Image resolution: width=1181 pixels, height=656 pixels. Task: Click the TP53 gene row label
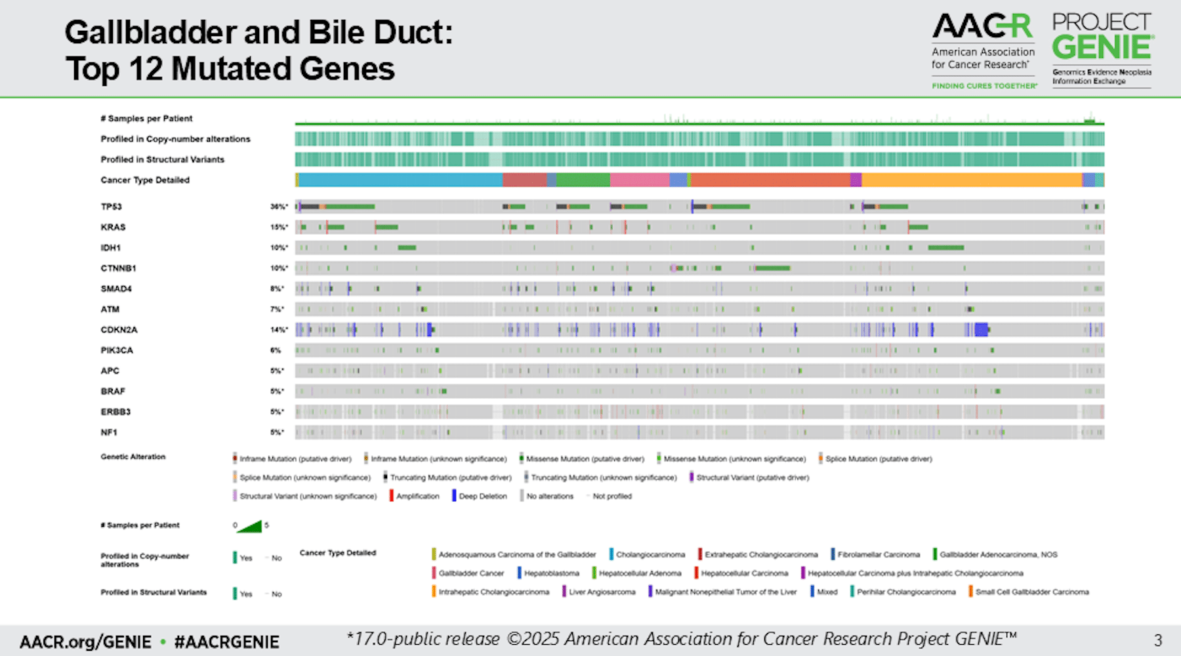click(x=112, y=207)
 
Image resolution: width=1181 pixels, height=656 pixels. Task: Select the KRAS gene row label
click(x=113, y=227)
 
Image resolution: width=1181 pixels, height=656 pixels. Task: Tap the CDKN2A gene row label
click(x=119, y=330)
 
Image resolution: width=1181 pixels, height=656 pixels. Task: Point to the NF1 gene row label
click(x=109, y=432)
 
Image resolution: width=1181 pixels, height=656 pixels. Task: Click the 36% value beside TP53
click(x=279, y=207)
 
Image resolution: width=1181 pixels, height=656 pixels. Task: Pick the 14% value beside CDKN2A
click(x=279, y=330)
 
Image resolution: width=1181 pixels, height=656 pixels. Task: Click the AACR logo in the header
click(x=983, y=50)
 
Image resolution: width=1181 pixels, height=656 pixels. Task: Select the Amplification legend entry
click(x=417, y=497)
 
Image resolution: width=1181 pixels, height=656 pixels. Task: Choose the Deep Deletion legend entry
click(x=482, y=497)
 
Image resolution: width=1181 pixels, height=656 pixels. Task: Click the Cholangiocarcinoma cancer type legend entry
click(x=650, y=555)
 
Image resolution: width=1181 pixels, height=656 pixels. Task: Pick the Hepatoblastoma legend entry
click(x=551, y=573)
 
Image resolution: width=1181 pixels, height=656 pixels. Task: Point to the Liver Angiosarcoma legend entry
click(x=602, y=592)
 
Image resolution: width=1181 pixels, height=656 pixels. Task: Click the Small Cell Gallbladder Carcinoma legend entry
click(x=1031, y=592)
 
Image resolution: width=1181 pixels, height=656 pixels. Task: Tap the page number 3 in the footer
click(x=1158, y=640)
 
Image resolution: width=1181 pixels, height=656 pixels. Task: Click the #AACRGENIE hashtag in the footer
click(x=227, y=642)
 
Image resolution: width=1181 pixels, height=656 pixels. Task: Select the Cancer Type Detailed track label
click(x=145, y=180)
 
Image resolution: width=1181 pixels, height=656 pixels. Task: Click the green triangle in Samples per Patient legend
click(x=251, y=526)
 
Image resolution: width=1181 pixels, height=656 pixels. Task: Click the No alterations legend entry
click(x=549, y=497)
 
